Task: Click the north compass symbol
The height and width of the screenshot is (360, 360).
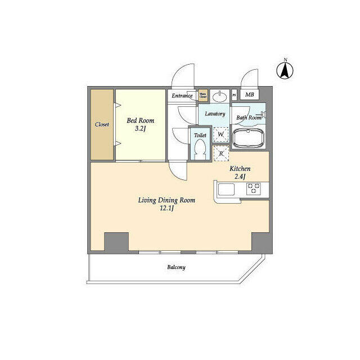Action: [285, 70]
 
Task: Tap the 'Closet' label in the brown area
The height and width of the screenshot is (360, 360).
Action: [102, 124]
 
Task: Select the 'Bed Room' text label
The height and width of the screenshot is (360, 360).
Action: [140, 120]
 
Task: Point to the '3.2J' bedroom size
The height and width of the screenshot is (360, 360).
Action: [139, 129]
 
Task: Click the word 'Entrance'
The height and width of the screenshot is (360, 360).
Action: [182, 96]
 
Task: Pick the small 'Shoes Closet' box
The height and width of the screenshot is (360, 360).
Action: [203, 96]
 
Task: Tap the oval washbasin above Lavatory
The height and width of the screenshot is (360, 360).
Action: [221, 96]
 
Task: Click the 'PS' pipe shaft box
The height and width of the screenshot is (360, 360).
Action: [234, 95]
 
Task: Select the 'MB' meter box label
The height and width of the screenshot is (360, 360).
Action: [249, 95]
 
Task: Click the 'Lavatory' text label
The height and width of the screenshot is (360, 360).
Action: [215, 114]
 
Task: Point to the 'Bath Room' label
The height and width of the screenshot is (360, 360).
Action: [248, 118]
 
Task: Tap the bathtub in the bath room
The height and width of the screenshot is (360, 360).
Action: [248, 137]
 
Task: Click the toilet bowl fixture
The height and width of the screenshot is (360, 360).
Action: [200, 149]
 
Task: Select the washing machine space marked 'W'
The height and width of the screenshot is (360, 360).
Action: [221, 136]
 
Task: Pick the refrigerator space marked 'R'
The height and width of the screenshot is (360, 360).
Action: [221, 153]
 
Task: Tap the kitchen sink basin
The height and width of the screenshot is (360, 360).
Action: [228, 190]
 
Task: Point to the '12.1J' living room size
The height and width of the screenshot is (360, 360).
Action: [166, 209]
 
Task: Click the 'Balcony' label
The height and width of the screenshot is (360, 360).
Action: [175, 267]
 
